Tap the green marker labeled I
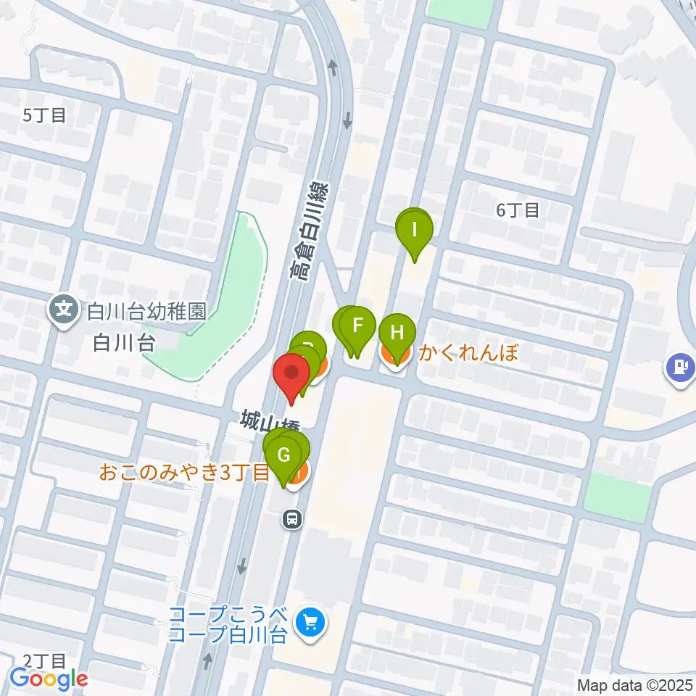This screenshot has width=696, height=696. click(x=415, y=230)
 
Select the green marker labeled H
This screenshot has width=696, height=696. click(x=397, y=333)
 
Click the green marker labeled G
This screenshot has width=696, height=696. click(x=284, y=456)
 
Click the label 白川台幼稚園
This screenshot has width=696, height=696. click(x=146, y=312)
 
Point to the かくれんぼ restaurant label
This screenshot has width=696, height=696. click(x=470, y=354)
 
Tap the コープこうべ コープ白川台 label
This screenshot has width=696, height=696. click(x=229, y=626)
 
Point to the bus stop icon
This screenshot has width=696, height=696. click(x=292, y=518)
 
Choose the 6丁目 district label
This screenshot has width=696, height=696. click(x=518, y=210)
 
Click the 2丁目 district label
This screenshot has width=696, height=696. click(x=44, y=660)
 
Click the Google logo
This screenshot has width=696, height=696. click(x=49, y=679)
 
